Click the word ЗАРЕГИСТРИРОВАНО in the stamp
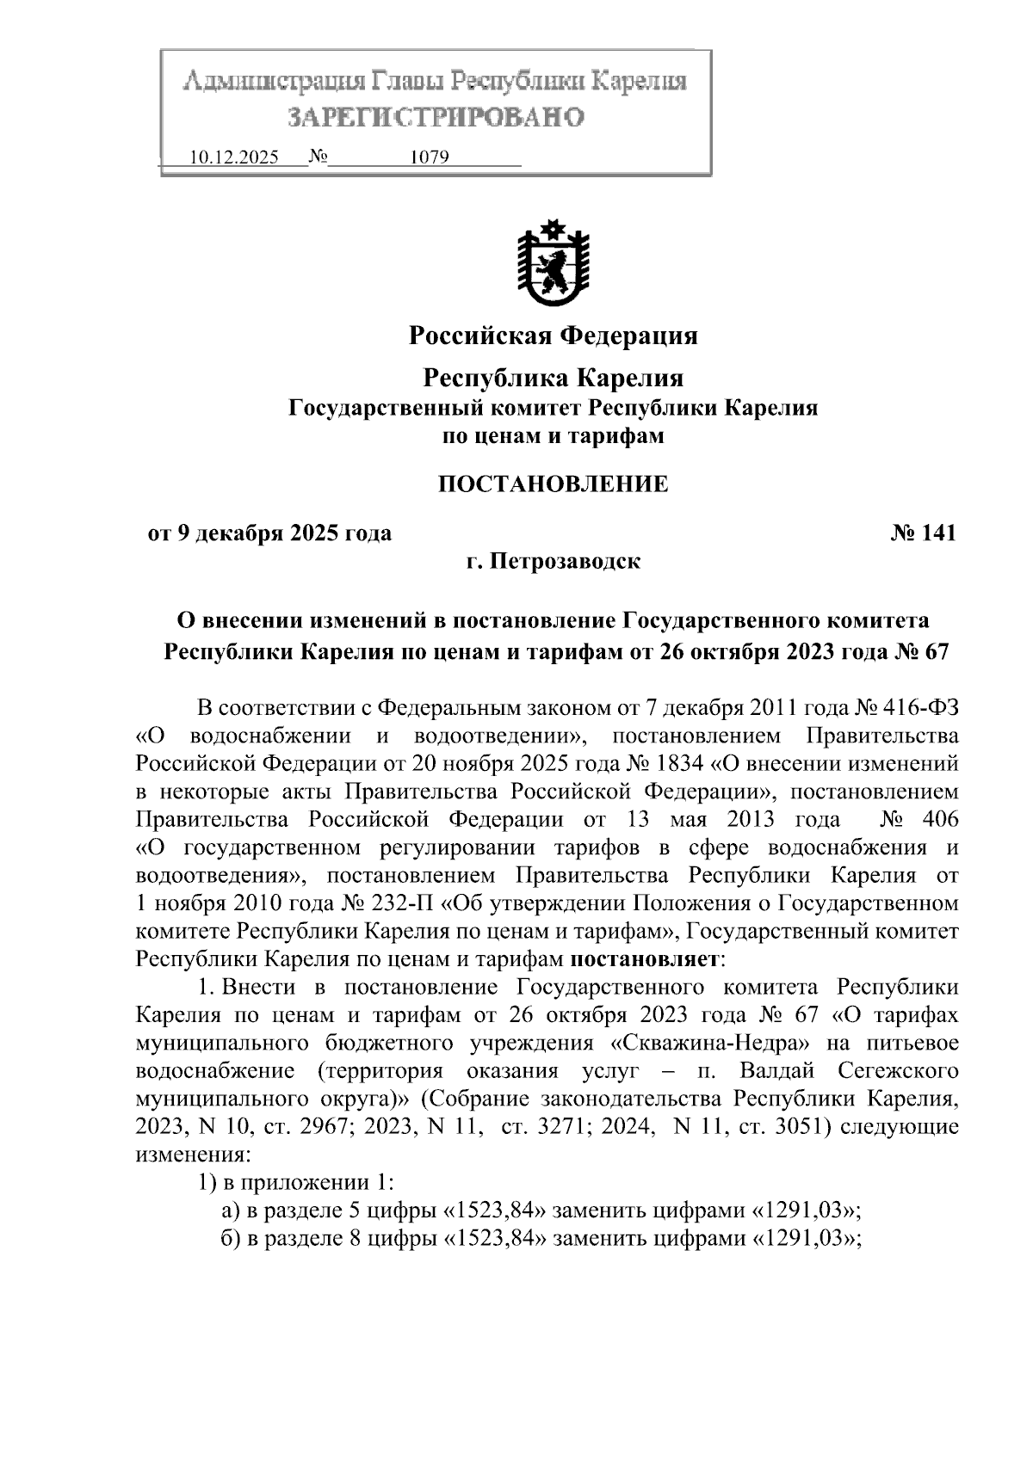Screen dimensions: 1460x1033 pyautogui.click(x=436, y=117)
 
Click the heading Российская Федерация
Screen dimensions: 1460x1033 pyautogui.click(x=553, y=335)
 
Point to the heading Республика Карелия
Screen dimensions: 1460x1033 pyautogui.click(x=553, y=378)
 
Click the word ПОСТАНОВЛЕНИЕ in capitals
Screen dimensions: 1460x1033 pyautogui.click(x=553, y=484)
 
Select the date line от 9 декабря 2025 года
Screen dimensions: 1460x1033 pyautogui.click(x=270, y=533)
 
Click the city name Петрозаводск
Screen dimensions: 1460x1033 pyautogui.click(x=566, y=562)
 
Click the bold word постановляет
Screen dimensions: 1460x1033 pyautogui.click(x=646, y=958)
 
